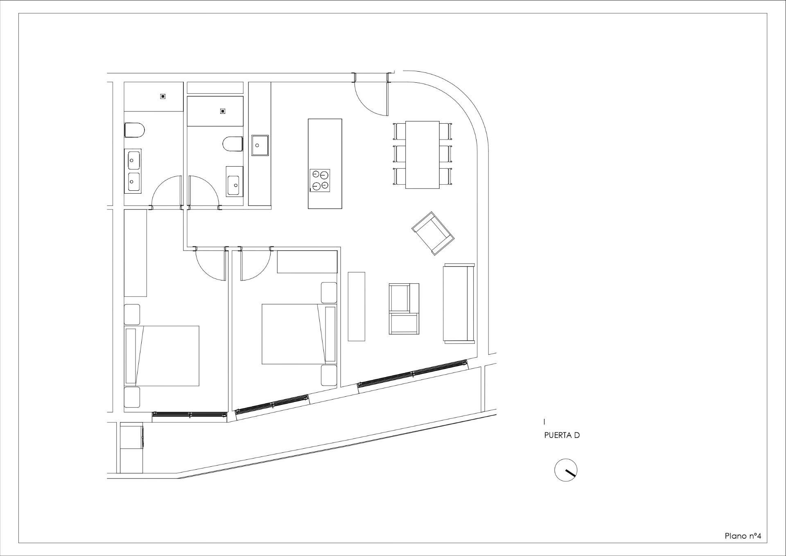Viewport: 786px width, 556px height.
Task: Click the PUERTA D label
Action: point(562,435)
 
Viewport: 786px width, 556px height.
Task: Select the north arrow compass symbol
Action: point(566,470)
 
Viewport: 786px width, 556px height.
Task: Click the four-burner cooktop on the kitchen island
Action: point(320,181)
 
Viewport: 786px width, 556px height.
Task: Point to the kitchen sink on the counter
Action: point(260,145)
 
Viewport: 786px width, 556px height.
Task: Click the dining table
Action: point(422,154)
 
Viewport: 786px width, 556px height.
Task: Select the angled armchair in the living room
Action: point(433,233)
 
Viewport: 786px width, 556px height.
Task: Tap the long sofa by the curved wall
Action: point(458,303)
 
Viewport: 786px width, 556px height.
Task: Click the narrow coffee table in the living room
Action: point(356,306)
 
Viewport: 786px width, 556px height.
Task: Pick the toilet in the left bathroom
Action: point(134,130)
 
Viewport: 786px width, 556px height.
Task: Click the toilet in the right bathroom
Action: point(233,144)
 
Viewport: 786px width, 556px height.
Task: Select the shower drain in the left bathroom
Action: point(163,97)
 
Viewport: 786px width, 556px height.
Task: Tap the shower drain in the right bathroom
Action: point(223,111)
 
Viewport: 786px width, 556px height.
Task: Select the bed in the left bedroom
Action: point(162,356)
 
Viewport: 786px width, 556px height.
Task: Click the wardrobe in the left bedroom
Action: point(135,253)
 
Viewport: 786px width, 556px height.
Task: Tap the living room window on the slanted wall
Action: point(413,373)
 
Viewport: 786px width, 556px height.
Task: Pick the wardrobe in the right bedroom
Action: point(307,262)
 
